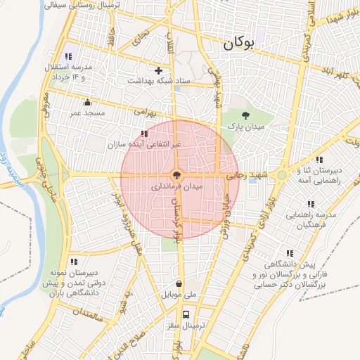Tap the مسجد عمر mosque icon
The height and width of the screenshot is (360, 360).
[x=87, y=103]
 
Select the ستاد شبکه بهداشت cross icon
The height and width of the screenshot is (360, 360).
[x=159, y=70]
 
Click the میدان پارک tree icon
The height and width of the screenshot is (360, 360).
[x=245, y=115]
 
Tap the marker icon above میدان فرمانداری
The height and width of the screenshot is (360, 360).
[x=176, y=175]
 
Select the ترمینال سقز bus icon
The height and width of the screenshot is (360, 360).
[x=186, y=314]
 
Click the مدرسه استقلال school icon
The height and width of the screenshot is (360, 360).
[x=68, y=56]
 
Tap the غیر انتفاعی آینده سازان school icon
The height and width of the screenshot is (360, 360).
[x=144, y=134]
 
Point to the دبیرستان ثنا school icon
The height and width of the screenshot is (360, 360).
[x=320, y=160]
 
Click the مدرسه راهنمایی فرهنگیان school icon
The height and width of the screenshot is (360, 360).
[x=311, y=204]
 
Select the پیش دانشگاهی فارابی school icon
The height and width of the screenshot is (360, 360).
[x=289, y=253]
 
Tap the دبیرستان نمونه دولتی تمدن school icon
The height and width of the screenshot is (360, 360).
[x=74, y=262]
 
